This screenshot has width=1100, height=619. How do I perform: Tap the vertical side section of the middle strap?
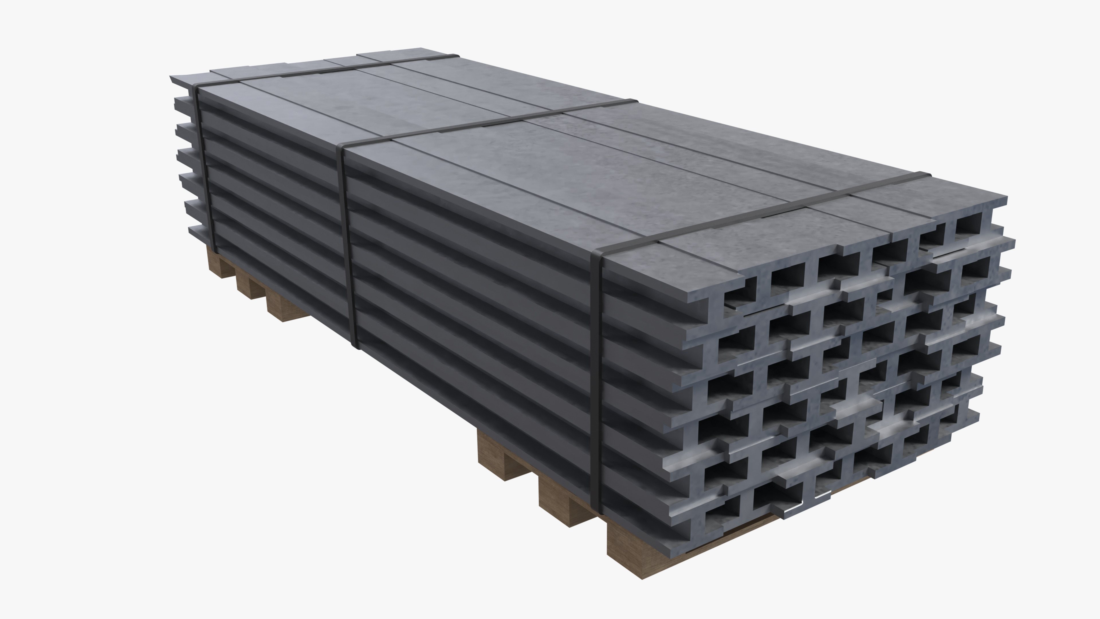[348, 248]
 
